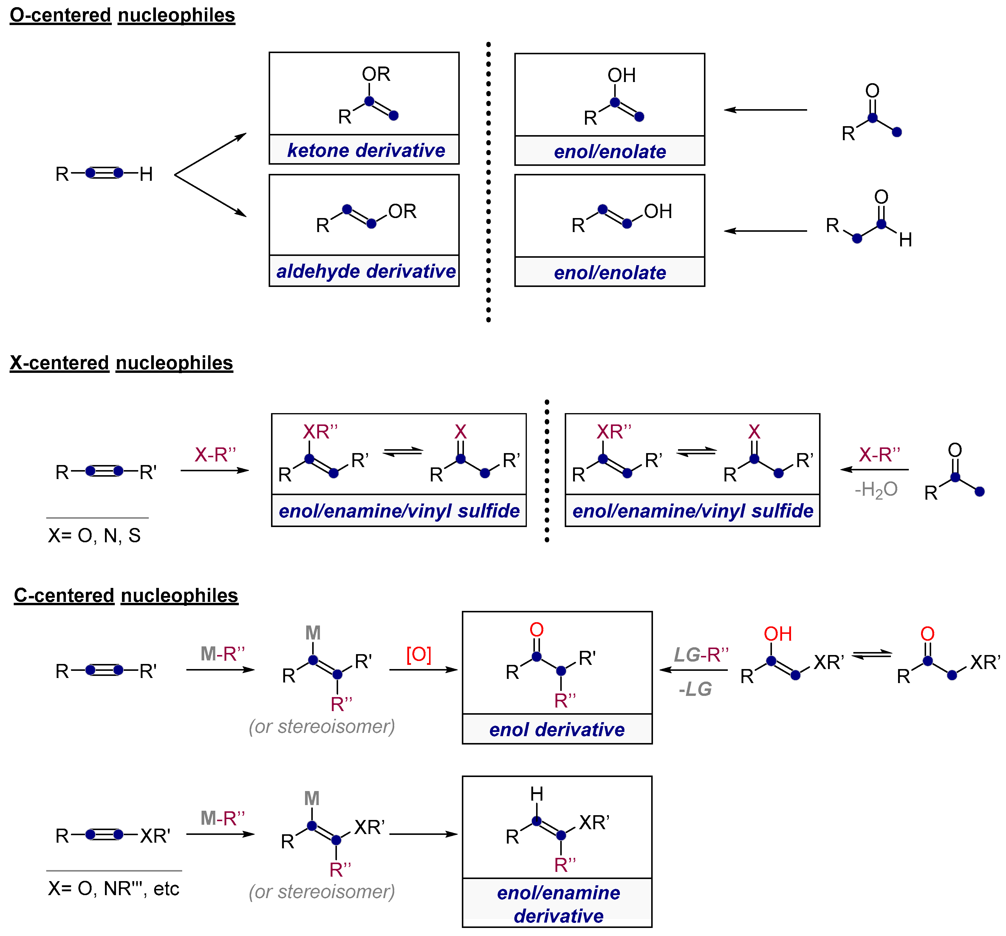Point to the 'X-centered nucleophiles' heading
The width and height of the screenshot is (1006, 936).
pyautogui.click(x=121, y=363)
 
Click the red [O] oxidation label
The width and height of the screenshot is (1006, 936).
pyautogui.click(x=419, y=654)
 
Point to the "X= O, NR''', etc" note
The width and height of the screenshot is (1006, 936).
pyautogui.click(x=113, y=888)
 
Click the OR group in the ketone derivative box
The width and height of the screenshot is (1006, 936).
pyautogui.click(x=376, y=74)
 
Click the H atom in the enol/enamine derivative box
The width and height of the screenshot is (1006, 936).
pyautogui.click(x=536, y=794)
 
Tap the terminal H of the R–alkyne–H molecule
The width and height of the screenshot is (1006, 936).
pyautogui.click(x=146, y=174)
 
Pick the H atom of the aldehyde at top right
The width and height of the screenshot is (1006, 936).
pyautogui.click(x=905, y=240)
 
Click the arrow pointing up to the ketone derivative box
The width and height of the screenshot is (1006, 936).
pyautogui.click(x=211, y=153)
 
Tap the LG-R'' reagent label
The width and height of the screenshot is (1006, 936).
pyautogui.click(x=701, y=654)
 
